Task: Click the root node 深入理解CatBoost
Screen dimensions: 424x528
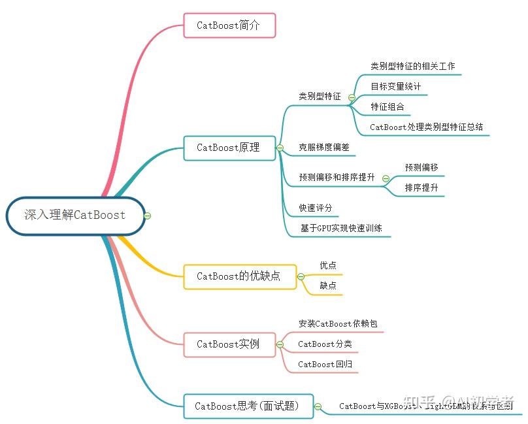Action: point(75,215)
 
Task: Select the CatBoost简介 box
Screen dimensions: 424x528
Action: point(229,25)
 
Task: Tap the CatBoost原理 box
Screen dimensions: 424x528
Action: point(228,148)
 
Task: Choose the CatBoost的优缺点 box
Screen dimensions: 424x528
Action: point(239,276)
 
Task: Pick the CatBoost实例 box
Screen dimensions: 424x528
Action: point(228,344)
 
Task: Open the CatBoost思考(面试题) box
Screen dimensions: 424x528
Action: point(247,406)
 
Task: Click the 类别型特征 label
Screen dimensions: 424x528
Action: point(320,96)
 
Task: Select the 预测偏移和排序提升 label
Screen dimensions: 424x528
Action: point(337,177)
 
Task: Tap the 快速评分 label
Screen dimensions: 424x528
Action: point(316,208)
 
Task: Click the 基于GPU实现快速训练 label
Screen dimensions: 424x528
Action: point(341,228)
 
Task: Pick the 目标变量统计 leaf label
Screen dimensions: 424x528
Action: point(396,86)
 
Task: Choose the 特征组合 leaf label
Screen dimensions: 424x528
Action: point(388,106)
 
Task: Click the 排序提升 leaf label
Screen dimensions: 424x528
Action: point(421,188)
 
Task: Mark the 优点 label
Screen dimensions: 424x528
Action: point(328,265)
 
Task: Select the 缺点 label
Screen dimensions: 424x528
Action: point(328,285)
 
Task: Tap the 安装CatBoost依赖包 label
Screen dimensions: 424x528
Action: point(338,324)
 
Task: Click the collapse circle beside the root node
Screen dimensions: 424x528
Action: point(148,216)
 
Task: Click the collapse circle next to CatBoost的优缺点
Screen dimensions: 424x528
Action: point(301,276)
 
